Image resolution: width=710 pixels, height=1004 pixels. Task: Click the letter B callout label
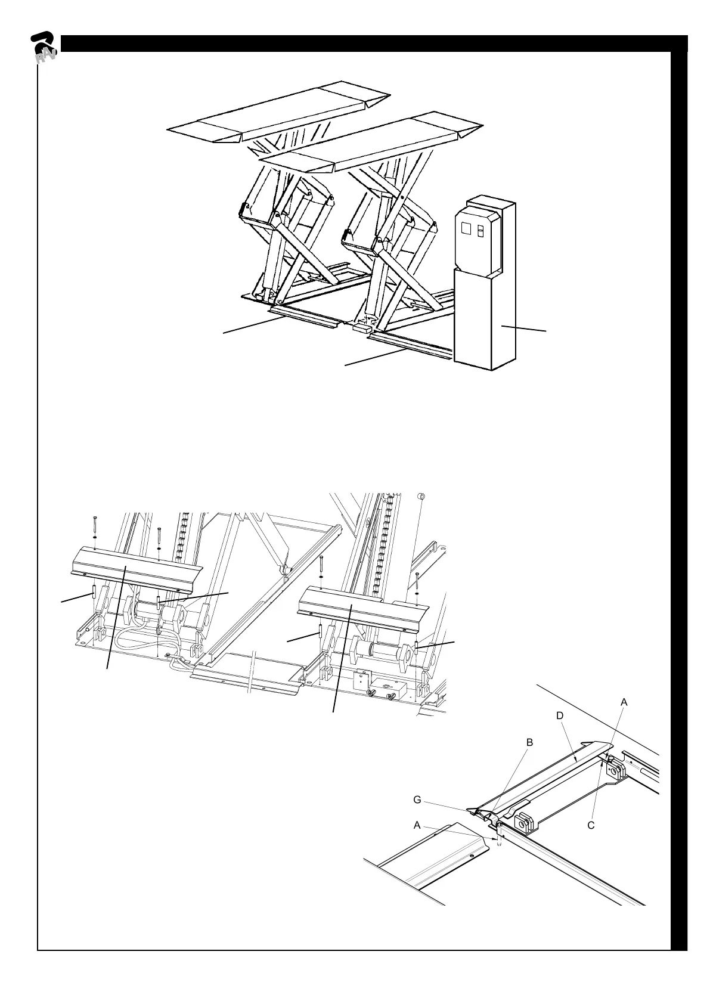coord(529,743)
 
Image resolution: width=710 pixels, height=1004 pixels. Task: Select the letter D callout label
coord(560,715)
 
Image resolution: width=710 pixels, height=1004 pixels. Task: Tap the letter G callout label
coord(418,800)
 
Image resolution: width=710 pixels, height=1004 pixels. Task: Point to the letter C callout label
coord(591,826)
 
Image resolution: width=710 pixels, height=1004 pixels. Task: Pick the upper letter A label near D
coord(624,702)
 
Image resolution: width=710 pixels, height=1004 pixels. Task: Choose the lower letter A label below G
coord(417,826)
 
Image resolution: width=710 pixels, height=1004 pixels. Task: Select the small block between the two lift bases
coord(362,326)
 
